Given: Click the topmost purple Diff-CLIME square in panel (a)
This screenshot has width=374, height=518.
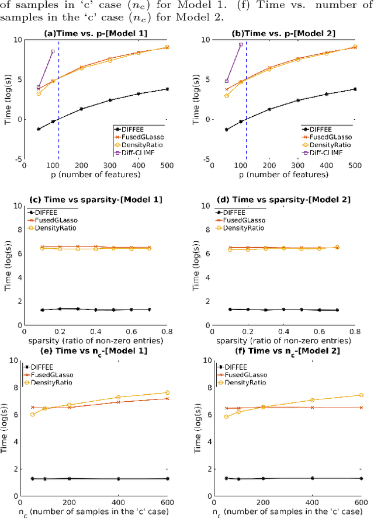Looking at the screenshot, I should click(53, 51).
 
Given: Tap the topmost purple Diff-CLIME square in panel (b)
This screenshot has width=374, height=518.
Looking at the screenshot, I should click(241, 44).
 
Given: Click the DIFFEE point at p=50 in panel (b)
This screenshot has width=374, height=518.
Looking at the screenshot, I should click(227, 130).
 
